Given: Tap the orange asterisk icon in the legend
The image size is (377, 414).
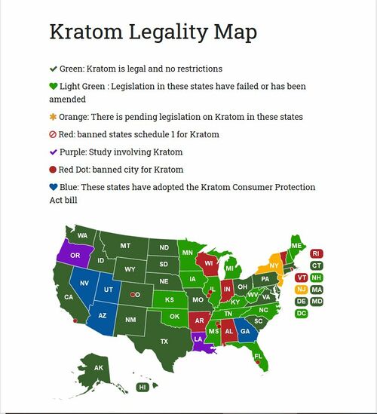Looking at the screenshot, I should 53,117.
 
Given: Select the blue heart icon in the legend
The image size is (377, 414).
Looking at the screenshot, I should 53,186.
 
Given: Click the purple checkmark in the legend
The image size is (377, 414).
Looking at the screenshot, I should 53,152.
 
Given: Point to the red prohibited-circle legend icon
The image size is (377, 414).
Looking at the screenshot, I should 53,134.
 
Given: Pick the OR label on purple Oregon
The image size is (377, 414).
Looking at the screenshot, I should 75,256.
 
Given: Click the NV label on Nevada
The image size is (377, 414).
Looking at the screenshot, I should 84,283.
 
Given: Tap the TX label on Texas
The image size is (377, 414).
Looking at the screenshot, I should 164,341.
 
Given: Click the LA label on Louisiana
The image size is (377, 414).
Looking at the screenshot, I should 198,339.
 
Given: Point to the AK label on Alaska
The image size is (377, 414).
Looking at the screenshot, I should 98,368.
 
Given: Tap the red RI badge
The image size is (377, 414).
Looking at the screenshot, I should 317,253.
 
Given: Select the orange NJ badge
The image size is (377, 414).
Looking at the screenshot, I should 301,289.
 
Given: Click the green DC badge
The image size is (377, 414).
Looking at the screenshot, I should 301,313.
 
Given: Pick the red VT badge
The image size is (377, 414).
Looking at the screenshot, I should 301,278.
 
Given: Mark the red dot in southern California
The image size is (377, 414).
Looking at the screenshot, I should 74,320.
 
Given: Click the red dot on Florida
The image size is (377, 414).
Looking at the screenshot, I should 258,363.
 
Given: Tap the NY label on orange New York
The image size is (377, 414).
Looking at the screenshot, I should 274,266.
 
